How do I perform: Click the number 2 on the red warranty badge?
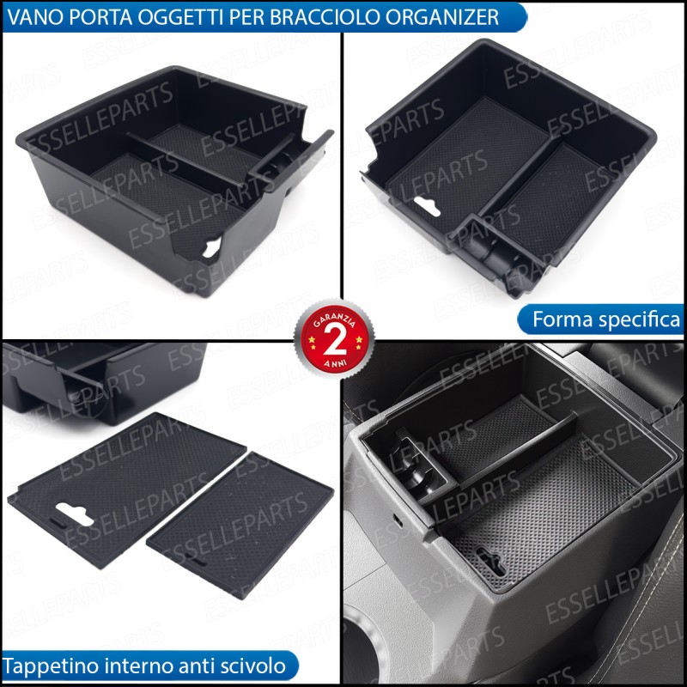tap(335, 341)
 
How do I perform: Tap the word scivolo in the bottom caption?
tap(256, 666)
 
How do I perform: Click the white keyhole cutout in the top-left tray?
tap(211, 247)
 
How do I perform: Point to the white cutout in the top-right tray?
tap(427, 206)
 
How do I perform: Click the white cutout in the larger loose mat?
tap(75, 514)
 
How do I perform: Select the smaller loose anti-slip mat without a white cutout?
tap(240, 525)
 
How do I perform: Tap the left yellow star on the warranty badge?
tap(312, 339)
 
